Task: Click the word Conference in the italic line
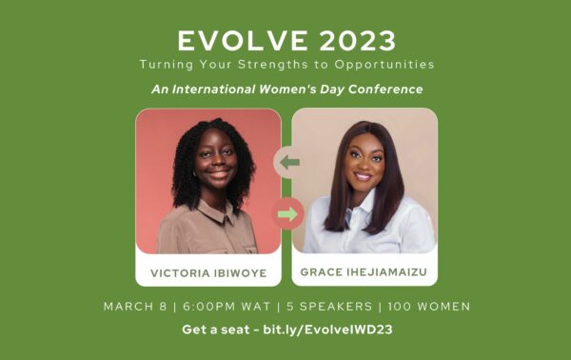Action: [386, 89]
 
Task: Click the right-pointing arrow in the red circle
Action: [285, 213]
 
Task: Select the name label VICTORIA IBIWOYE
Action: [208, 271]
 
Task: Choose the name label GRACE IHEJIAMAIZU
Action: [364, 271]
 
